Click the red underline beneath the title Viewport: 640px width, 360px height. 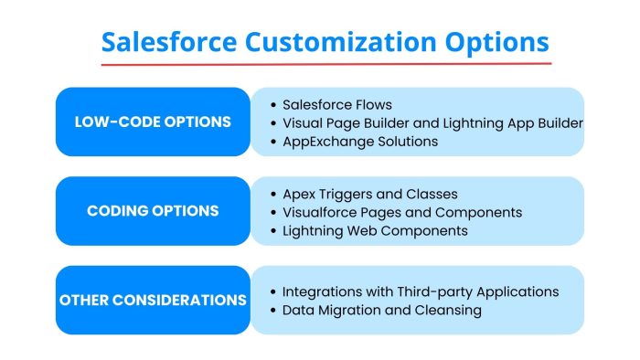coord(325,64)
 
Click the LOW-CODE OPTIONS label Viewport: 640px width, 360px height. coord(153,122)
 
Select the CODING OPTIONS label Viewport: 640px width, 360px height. coord(153,211)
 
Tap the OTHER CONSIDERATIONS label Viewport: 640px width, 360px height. coord(153,300)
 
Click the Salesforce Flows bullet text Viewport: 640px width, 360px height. coord(336,104)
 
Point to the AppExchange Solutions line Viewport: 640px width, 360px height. coord(360,141)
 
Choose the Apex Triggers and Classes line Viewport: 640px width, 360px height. coord(370,194)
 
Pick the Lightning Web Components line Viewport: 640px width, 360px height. coord(375,230)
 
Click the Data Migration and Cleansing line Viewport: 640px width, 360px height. coord(382,310)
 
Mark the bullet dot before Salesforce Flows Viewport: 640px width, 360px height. coord(273,105)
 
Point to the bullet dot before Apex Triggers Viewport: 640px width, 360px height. coord(273,195)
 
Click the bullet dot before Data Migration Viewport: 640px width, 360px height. coord(273,311)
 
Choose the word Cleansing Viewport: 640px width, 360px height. coord(450,310)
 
